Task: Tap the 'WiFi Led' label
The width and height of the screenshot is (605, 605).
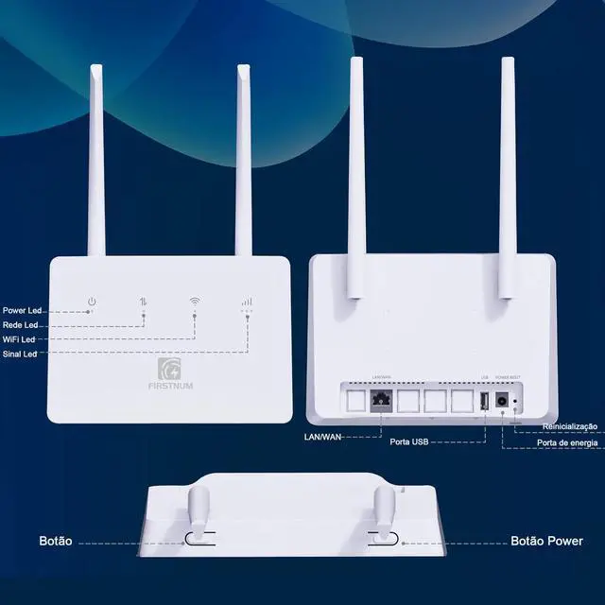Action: tap(20, 339)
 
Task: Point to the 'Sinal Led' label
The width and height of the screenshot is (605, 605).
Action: tap(20, 354)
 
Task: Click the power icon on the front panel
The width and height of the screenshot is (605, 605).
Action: tap(92, 302)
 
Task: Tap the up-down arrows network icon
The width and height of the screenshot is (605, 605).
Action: tap(144, 302)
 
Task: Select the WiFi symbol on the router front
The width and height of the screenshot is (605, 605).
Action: tap(195, 302)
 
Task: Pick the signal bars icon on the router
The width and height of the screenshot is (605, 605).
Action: tap(247, 302)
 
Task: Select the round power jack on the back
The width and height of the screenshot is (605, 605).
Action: tap(500, 401)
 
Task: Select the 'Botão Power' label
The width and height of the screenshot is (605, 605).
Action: tap(546, 542)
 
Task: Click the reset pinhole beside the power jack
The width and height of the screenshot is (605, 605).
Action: tap(515, 402)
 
